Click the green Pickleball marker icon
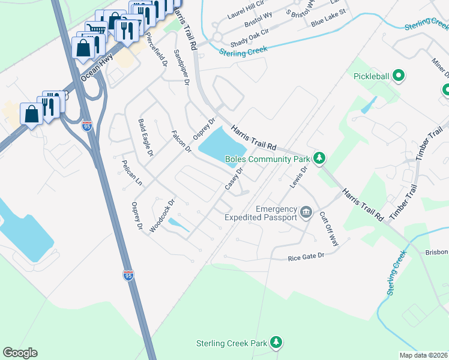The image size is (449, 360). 399,76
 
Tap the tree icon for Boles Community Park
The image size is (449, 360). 321,158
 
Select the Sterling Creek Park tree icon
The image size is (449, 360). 276,342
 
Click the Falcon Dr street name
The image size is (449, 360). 181,141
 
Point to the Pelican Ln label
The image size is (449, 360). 131,172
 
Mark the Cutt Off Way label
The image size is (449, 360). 328,228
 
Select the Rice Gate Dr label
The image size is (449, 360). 306,256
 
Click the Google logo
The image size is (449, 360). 20,353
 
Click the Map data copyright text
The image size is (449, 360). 423,355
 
